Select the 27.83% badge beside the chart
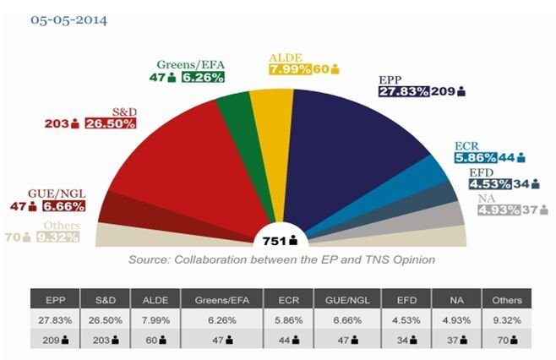404,91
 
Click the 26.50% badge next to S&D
110,124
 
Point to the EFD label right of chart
482,172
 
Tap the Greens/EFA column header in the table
222,299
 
